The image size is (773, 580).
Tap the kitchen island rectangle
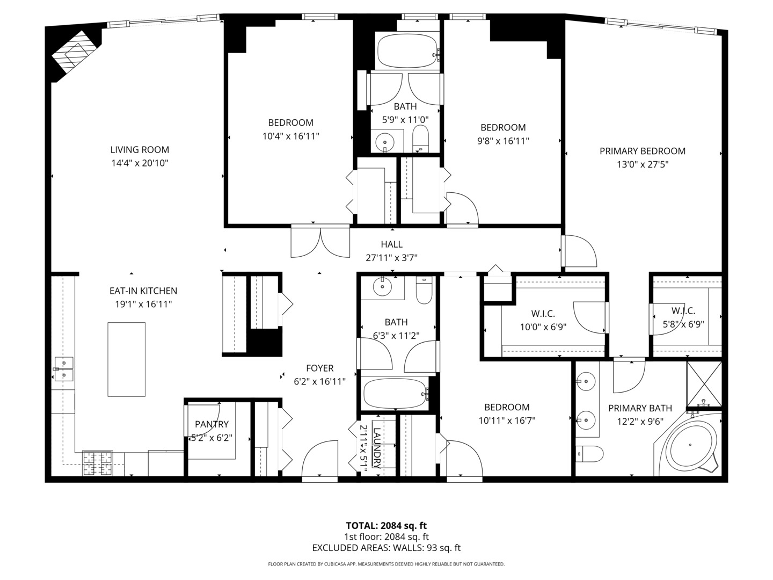point(126,359)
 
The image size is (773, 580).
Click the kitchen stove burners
point(98,464)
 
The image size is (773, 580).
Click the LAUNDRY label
point(376,448)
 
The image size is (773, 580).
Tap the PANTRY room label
point(212,424)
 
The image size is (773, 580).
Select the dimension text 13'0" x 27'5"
point(643,165)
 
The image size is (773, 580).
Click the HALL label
point(391,244)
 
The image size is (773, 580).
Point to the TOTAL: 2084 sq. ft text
point(386,526)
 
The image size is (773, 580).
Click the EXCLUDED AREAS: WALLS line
point(386,548)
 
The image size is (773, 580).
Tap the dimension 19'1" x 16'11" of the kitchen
point(143,305)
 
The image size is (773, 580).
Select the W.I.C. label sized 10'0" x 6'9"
point(543,314)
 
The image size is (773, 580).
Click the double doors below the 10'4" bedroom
point(320,243)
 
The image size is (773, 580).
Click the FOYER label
point(319,368)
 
